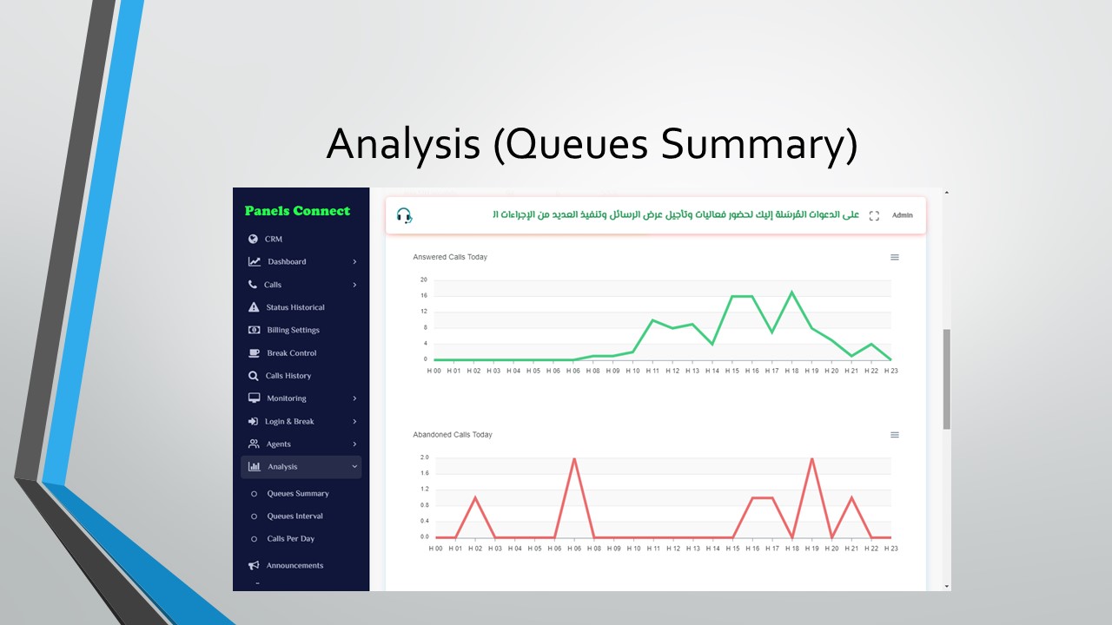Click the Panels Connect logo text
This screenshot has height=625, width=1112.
(297, 211)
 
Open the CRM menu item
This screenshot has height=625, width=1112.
(273, 239)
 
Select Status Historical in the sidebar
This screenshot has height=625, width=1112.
(295, 307)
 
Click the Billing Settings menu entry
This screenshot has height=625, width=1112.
(293, 331)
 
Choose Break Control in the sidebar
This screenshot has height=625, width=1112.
(291, 353)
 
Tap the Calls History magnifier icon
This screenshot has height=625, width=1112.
(253, 376)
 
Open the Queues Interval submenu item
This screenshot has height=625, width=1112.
(295, 516)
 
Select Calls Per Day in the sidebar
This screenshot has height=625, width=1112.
(290, 539)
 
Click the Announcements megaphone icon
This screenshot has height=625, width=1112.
(254, 565)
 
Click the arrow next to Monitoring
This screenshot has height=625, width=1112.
(354, 398)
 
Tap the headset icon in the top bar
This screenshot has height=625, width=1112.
(404, 216)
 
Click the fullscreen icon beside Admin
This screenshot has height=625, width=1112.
(874, 216)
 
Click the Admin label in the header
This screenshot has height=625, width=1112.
(902, 215)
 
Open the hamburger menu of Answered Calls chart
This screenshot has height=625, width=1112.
(895, 257)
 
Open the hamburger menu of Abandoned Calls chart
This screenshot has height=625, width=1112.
(895, 435)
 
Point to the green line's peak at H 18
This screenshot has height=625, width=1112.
(791, 292)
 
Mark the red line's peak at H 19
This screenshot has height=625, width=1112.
(812, 458)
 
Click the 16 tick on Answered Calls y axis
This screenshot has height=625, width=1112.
(424, 296)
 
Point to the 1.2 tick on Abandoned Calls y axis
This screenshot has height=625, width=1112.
(425, 489)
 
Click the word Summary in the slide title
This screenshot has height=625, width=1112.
(759, 144)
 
